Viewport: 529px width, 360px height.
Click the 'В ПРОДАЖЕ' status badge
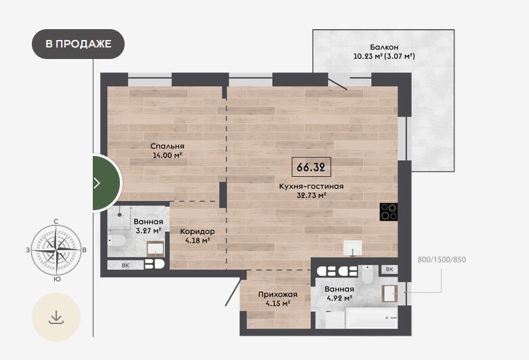point(79,44)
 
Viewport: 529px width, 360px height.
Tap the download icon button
point(56,317)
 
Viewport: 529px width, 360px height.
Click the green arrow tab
point(106,182)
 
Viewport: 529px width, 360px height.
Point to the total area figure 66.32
point(311,167)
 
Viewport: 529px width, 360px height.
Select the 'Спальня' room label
point(167,146)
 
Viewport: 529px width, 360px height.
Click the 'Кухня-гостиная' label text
point(311,186)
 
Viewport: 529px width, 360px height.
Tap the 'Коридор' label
point(197,231)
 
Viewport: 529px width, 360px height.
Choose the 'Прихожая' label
point(278,294)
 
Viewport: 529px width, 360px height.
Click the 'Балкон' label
point(384,47)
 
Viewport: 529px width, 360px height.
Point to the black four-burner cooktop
point(389,212)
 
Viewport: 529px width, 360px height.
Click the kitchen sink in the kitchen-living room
point(353,248)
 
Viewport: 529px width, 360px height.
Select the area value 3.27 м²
point(148,231)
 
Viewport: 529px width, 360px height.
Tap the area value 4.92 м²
point(340,298)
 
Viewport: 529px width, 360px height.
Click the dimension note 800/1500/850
point(442,260)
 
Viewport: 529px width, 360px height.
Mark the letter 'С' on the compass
point(56,222)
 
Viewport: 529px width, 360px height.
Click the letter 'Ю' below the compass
point(57,279)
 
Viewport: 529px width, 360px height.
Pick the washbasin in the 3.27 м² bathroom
point(156,248)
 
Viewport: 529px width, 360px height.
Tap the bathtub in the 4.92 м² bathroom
point(371,318)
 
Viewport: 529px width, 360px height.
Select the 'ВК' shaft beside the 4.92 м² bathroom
point(389,269)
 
